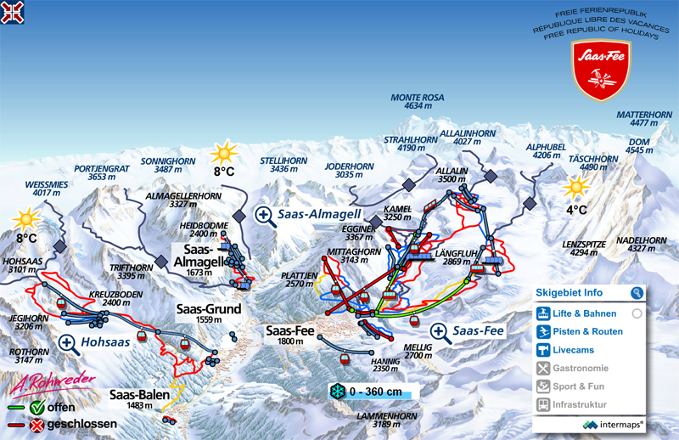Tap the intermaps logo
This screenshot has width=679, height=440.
614,423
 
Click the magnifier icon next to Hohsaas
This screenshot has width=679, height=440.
69,342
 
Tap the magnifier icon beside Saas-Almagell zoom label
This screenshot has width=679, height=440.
265,215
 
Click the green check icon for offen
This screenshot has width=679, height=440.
36,407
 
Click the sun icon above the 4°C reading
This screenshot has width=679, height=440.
577,187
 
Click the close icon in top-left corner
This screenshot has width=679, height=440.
12,12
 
